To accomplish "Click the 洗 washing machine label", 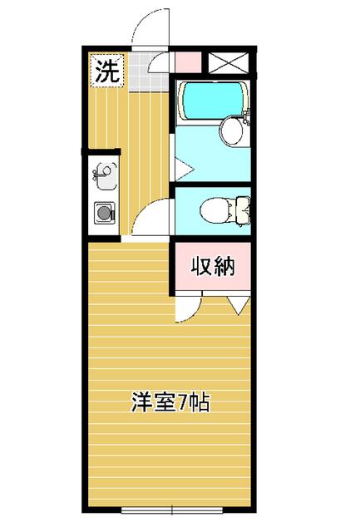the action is pyautogui.click(x=107, y=71).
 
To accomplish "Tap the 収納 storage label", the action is pyautogui.click(x=213, y=266).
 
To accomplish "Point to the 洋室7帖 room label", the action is pyautogui.click(x=170, y=402).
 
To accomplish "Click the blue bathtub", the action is pyautogui.click(x=213, y=101).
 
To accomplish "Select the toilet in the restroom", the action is pyautogui.click(x=225, y=211).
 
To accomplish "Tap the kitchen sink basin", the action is pyautogui.click(x=106, y=175).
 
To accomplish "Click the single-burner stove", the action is pyautogui.click(x=105, y=213).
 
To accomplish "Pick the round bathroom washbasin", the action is pyautogui.click(x=232, y=131).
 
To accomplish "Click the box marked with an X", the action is pyautogui.click(x=228, y=63).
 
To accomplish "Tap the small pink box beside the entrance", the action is pyautogui.click(x=188, y=62).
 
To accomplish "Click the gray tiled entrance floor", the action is pyautogui.click(x=148, y=72).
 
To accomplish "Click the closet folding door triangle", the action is pyautogui.click(x=239, y=305).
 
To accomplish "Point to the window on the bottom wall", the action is pyautogui.click(x=172, y=510).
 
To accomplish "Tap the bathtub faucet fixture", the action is pyautogui.click(x=248, y=116).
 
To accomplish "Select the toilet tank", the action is pyautogui.click(x=244, y=211).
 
